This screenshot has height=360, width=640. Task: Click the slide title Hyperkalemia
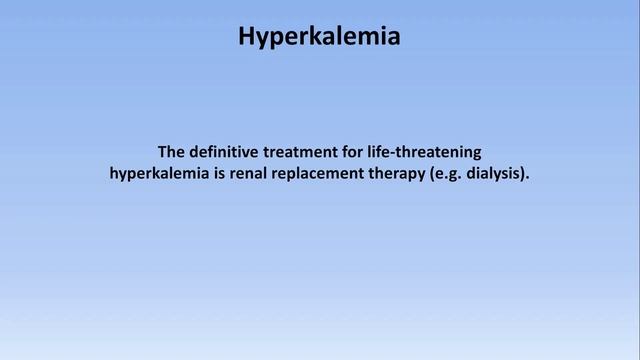[320, 37]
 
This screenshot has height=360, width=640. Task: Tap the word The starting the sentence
[173, 152]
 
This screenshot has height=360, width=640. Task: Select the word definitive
[231, 152]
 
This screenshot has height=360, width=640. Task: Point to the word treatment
[313, 152]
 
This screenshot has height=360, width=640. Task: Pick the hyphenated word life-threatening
[434, 152]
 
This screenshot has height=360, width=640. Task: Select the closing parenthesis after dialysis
[523, 174]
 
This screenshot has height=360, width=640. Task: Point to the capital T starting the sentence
[163, 152]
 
